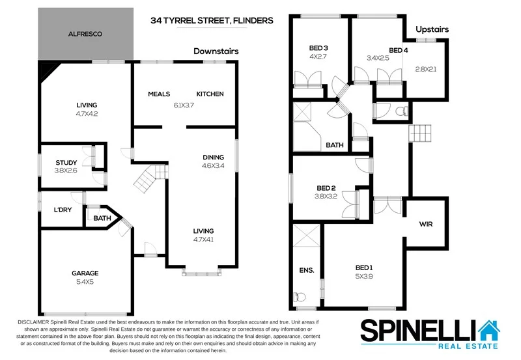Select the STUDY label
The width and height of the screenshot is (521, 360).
(66, 163)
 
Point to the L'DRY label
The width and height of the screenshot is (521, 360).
(63, 210)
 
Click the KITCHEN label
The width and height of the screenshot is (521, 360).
(210, 94)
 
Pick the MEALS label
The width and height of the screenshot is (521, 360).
(159, 94)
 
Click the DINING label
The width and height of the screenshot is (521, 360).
(213, 157)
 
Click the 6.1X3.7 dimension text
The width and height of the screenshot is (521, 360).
(184, 105)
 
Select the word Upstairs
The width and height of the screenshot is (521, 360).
(432, 30)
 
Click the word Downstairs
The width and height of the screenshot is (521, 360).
(216, 51)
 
